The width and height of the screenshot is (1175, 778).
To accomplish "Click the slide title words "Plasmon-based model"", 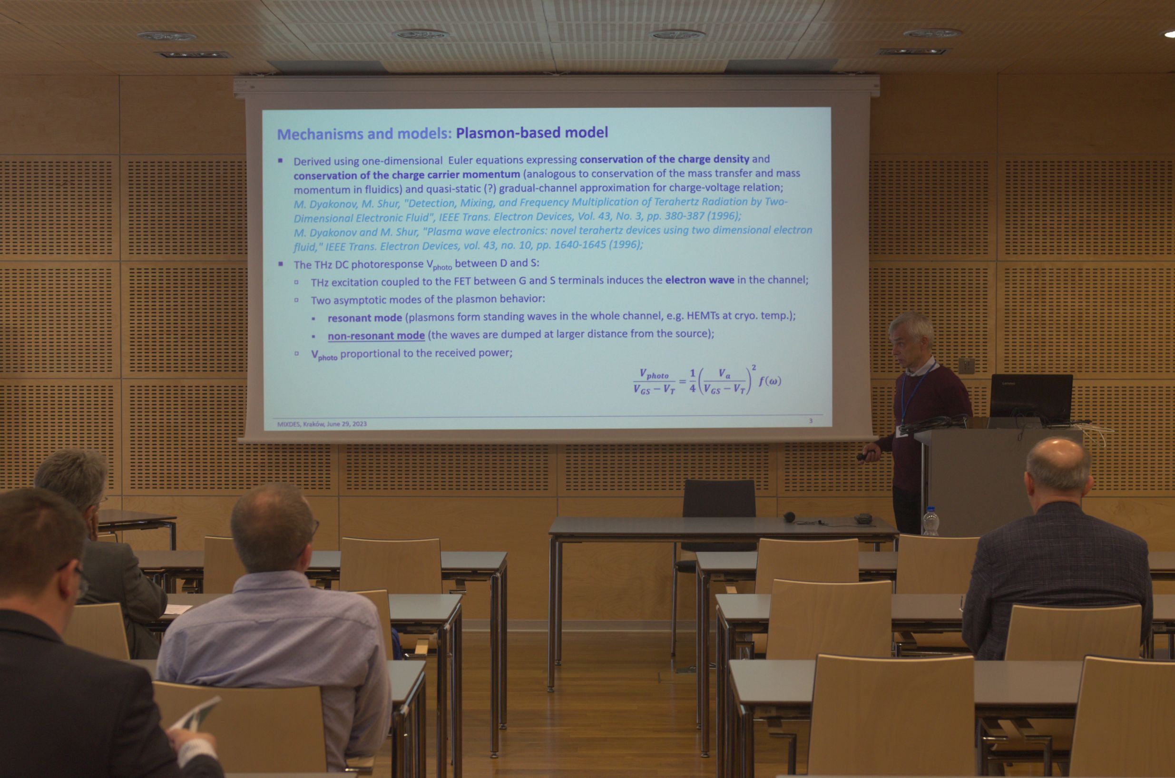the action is point(532,133).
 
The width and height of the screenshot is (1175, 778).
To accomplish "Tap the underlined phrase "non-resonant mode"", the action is point(376,336).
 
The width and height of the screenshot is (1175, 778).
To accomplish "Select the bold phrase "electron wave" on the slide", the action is point(700,280).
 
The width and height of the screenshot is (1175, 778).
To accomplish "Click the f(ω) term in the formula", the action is point(770,381).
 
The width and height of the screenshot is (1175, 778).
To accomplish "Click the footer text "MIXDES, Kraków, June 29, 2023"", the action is point(322,424).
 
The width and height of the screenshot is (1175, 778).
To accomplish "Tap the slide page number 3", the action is point(811,421).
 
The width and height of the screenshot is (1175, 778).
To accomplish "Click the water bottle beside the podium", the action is point(930,522).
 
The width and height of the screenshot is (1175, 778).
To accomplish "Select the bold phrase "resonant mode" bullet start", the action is point(365,318).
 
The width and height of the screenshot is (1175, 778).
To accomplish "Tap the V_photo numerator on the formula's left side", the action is point(654,374).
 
